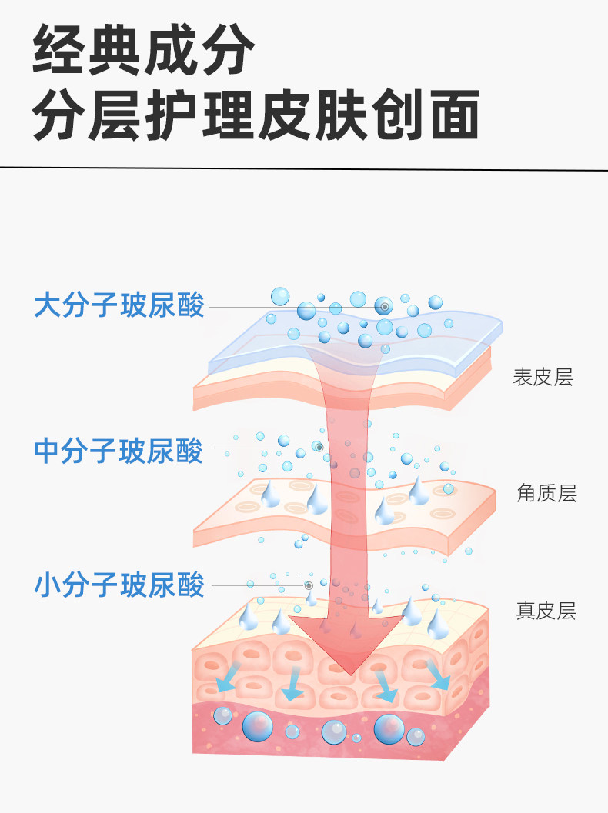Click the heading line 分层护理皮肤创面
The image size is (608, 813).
[256, 115]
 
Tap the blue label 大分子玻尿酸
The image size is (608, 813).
[119, 306]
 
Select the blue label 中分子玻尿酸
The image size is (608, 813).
[119, 451]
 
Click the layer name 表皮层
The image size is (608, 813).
[543, 378]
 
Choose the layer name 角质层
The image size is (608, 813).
[546, 493]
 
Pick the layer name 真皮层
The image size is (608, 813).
[545, 611]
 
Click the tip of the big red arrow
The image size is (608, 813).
[351, 672]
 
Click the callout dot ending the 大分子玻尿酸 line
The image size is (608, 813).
[384, 307]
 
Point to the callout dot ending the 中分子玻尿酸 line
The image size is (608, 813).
[317, 447]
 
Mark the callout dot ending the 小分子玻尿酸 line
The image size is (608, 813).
[309, 585]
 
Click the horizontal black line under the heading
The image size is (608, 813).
[304, 167]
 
